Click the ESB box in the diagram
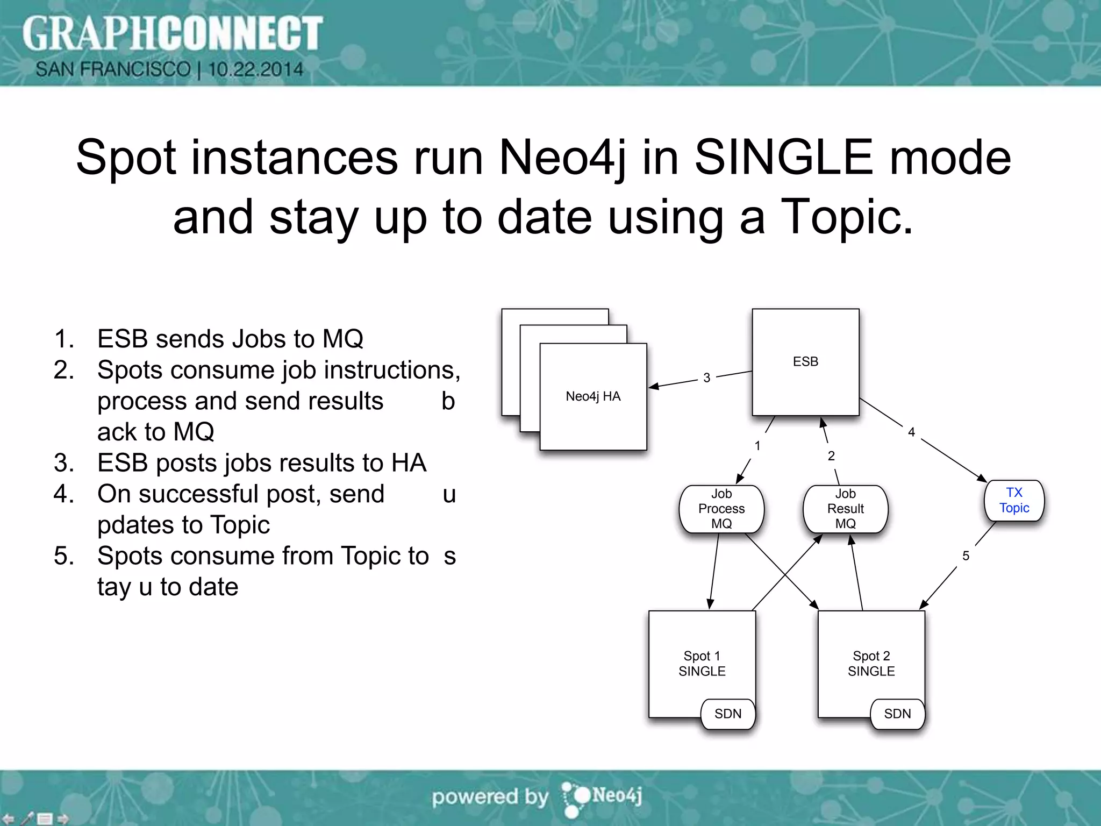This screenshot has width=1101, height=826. pyautogui.click(x=805, y=362)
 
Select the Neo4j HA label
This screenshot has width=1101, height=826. pyautogui.click(x=593, y=396)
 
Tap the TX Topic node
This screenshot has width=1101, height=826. pyautogui.click(x=1014, y=501)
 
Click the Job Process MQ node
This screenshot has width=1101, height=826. pyautogui.click(x=721, y=509)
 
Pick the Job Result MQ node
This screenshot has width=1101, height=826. pyautogui.click(x=845, y=509)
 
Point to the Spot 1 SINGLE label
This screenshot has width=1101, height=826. pyautogui.click(x=702, y=664)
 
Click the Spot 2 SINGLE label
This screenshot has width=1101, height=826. pyautogui.click(x=871, y=664)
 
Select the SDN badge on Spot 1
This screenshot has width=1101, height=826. pyautogui.click(x=728, y=714)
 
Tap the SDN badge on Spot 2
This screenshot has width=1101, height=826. pyautogui.click(x=897, y=714)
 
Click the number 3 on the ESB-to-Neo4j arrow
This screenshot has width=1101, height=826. pyautogui.click(x=707, y=378)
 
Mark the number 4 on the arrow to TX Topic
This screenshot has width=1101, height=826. pyautogui.click(x=911, y=432)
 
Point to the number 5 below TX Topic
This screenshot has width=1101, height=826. pyautogui.click(x=966, y=556)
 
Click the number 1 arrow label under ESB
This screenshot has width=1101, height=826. pyautogui.click(x=757, y=446)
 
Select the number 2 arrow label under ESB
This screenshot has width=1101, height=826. pyautogui.click(x=831, y=456)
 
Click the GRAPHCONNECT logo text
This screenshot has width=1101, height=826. pyautogui.click(x=172, y=33)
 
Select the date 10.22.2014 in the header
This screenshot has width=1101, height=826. pyautogui.click(x=255, y=69)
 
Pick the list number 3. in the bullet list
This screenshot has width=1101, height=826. pyautogui.click(x=64, y=463)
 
